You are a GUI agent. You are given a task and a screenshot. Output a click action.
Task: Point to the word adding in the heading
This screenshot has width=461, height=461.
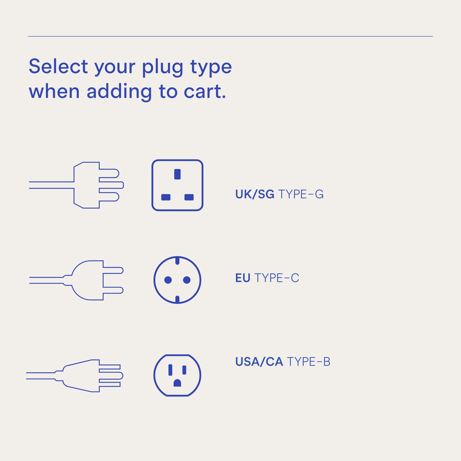[119, 92]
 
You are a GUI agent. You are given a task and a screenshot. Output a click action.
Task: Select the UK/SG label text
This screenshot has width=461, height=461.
[255, 194]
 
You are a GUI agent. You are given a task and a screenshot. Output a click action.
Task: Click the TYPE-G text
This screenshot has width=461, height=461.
[301, 194]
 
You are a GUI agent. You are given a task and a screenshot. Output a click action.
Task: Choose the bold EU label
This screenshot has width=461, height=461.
[242, 278]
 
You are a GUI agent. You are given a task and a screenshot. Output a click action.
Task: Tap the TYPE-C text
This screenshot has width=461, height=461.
[277, 278]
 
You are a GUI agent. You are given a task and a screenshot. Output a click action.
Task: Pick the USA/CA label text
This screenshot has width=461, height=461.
[259, 362]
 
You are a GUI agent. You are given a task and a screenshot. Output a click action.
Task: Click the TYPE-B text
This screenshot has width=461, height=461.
[309, 362]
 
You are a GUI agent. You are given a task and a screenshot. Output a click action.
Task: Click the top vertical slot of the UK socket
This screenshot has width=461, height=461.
[177, 174]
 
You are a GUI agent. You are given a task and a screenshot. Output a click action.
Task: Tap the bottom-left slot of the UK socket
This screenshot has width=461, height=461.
[166, 197]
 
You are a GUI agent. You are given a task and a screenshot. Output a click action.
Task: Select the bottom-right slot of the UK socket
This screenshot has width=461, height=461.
[189, 197]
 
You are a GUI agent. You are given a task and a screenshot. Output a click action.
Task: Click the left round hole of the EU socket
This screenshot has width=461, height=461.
[168, 280]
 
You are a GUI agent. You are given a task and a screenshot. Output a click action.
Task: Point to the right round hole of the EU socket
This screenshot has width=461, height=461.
[187, 280]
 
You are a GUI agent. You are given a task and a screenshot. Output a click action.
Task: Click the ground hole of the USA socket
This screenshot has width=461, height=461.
[177, 383]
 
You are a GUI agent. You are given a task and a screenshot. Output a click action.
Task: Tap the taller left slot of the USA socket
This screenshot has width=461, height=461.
[170, 370]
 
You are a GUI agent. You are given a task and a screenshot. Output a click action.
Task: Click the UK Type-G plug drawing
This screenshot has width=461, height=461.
[89, 185]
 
